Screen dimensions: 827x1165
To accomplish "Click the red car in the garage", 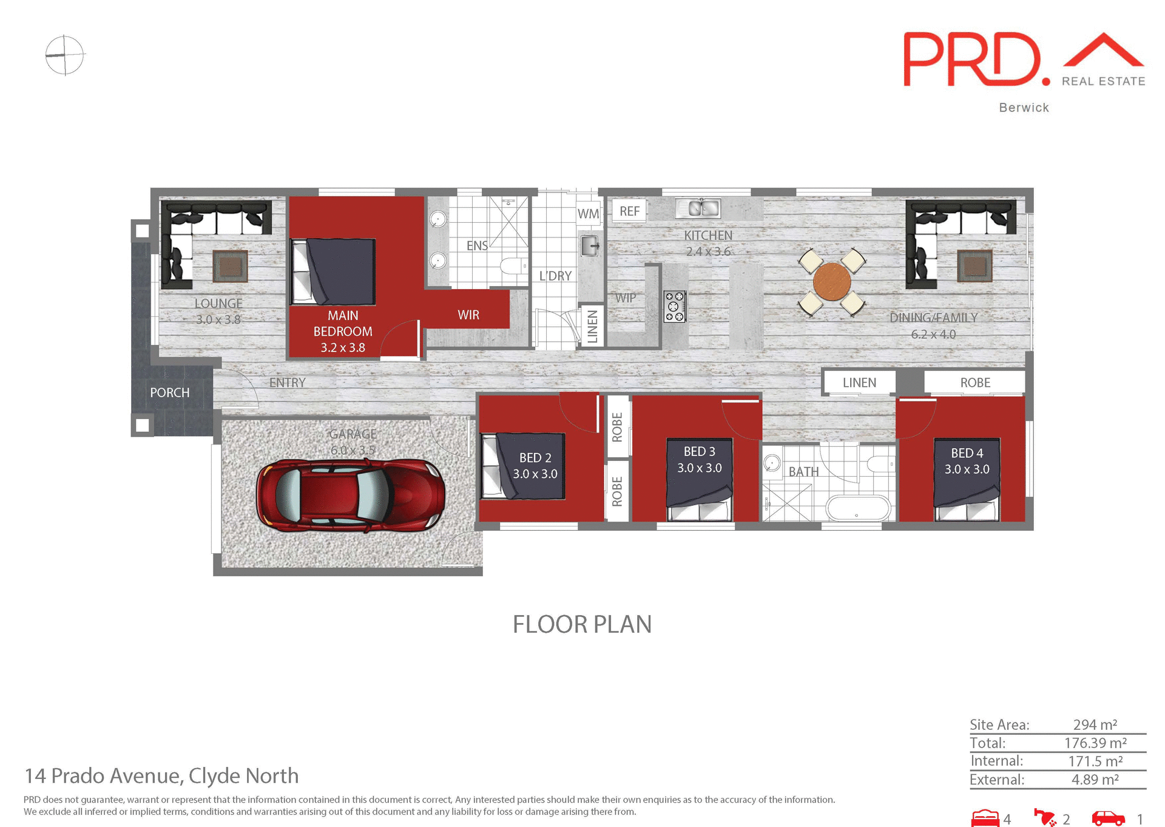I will click(350, 495).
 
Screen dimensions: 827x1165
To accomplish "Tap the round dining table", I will click(831, 282).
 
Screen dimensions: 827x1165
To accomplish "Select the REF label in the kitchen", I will click(629, 211).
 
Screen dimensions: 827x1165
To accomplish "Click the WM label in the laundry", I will click(588, 214).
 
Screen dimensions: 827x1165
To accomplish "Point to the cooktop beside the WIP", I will click(675, 306).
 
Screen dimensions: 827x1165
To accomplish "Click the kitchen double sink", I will click(698, 208).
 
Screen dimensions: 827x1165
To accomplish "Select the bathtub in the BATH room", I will click(857, 508).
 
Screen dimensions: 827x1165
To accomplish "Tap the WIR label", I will click(468, 315).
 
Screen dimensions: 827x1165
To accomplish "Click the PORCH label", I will click(170, 392).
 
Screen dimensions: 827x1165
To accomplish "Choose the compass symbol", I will click(65, 55).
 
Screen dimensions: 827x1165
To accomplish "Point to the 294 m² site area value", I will click(1095, 724).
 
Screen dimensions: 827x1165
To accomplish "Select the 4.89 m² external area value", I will click(1095, 779).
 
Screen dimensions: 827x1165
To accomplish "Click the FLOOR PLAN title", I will click(582, 624).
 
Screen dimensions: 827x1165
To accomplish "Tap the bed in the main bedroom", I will click(333, 271).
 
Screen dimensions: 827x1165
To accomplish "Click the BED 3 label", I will click(699, 451).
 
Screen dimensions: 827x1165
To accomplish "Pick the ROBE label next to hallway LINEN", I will click(974, 383).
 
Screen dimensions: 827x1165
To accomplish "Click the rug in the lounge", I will click(230, 266).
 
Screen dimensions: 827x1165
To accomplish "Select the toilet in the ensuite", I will click(515, 266).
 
